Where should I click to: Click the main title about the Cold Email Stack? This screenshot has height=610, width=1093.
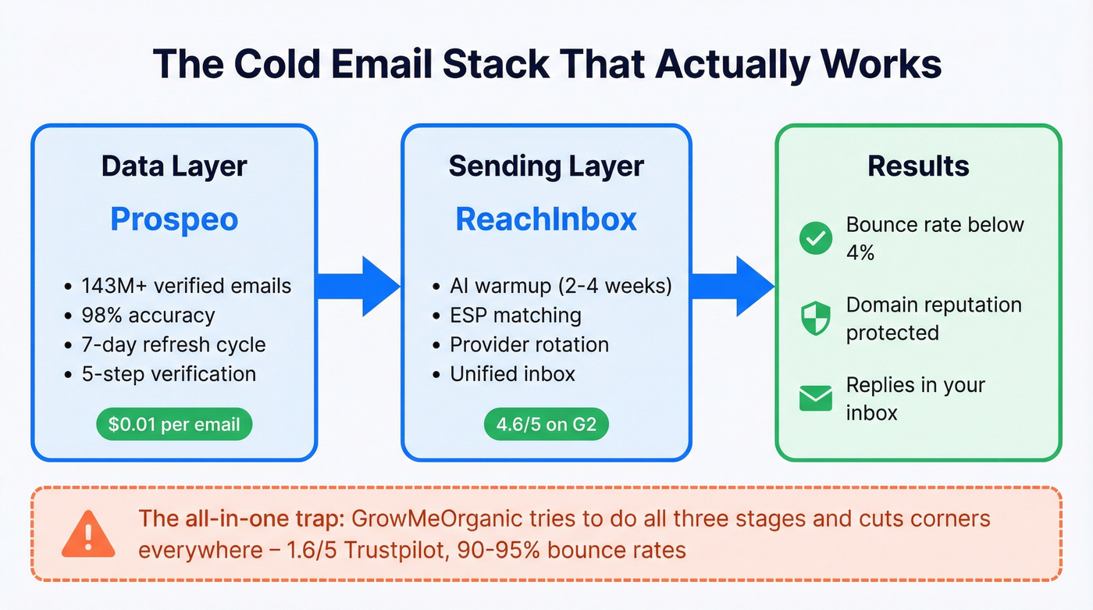pyautogui.click(x=546, y=64)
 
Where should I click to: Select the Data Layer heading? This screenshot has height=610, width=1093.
pyautogui.click(x=174, y=166)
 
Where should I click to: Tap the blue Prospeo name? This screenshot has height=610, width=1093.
pyautogui.click(x=174, y=219)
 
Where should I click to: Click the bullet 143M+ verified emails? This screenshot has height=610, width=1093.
pyautogui.click(x=186, y=286)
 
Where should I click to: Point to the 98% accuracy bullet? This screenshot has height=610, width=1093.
pyautogui.click(x=148, y=316)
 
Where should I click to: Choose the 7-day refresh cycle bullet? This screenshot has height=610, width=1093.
pyautogui.click(x=173, y=344)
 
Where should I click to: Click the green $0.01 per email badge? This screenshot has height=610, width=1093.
pyautogui.click(x=174, y=425)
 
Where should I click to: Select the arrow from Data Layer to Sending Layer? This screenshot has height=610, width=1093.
pyautogui.click(x=359, y=287)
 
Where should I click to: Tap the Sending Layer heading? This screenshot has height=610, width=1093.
pyautogui.click(x=546, y=166)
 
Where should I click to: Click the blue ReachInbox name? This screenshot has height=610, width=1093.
pyautogui.click(x=546, y=219)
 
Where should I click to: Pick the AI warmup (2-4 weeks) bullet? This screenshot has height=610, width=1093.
pyautogui.click(x=560, y=286)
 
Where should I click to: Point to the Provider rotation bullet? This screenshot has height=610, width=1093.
pyautogui.click(x=529, y=344)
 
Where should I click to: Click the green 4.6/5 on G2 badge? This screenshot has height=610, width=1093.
pyautogui.click(x=546, y=425)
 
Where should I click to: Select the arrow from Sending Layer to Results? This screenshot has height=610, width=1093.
pyautogui.click(x=732, y=287)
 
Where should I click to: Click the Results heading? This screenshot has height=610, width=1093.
pyautogui.click(x=918, y=166)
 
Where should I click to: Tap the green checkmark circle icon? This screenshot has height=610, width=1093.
pyautogui.click(x=816, y=238)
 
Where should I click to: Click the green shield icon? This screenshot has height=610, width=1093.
pyautogui.click(x=816, y=319)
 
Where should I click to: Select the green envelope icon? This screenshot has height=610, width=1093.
pyautogui.click(x=816, y=399)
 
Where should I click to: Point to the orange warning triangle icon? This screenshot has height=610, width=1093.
pyautogui.click(x=89, y=533)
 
